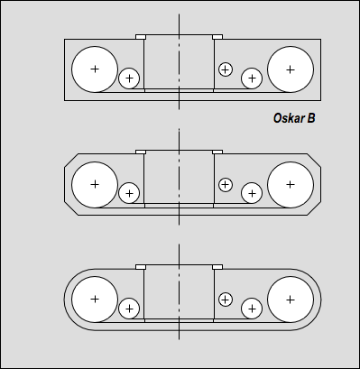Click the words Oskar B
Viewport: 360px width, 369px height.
[294, 118]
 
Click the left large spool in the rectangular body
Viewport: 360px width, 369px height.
[95, 69]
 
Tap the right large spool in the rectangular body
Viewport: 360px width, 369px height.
[291, 69]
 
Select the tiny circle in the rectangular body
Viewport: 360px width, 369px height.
[226, 69]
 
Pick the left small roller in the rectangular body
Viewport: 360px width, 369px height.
[129, 78]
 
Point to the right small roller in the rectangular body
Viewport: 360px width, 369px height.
[252, 78]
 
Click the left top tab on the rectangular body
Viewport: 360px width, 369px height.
[141, 37]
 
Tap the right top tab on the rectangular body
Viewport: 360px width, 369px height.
[217, 37]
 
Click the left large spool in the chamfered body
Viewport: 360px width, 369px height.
[95, 184]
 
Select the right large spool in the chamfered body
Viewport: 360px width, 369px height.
[291, 184]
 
